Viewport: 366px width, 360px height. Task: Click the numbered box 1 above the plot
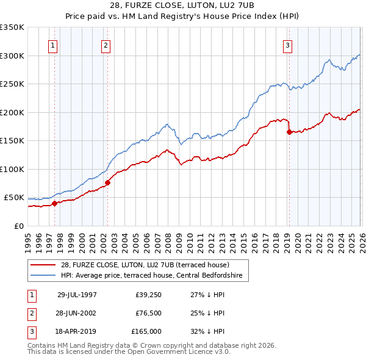point(52,45)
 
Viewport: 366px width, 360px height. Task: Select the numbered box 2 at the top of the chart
point(106,45)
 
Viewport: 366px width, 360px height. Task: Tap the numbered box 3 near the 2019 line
point(287,45)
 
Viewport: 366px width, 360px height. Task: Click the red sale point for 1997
point(55,204)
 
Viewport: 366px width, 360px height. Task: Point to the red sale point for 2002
point(107,182)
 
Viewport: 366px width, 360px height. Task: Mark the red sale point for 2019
point(289,132)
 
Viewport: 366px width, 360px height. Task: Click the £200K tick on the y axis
point(12,112)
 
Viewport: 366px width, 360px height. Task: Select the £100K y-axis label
point(12,169)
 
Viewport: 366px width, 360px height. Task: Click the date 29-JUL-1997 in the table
point(77,294)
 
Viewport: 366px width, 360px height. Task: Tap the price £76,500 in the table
point(148,313)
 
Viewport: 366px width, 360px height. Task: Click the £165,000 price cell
point(146,332)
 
